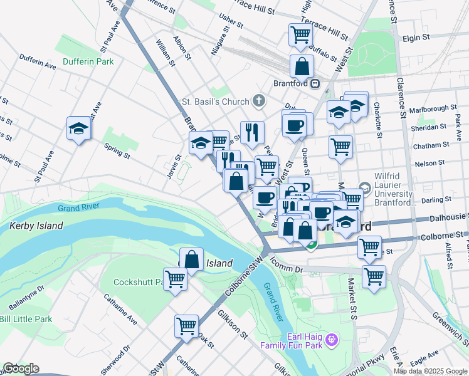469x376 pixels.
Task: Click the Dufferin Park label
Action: (88, 61)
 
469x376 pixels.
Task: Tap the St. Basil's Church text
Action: (215, 101)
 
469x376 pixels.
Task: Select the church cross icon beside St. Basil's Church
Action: (258, 101)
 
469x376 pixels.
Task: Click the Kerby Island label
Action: (36, 225)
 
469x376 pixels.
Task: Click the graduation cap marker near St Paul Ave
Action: (79, 128)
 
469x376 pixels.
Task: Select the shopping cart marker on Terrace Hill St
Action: (301, 34)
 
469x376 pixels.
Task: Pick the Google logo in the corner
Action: (21, 368)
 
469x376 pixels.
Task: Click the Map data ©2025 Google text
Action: (430, 371)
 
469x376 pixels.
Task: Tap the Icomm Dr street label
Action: (290, 269)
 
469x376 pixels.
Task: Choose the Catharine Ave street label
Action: (120, 310)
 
